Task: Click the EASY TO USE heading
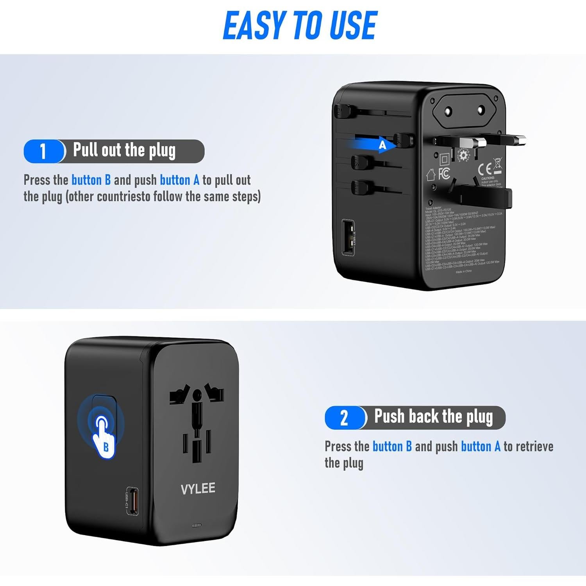click(x=300, y=25)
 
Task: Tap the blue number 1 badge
click(x=43, y=151)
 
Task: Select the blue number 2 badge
click(x=344, y=418)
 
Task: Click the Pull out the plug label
click(x=124, y=151)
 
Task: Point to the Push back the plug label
click(x=433, y=416)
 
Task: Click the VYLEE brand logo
click(x=198, y=489)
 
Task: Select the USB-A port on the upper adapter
click(x=348, y=238)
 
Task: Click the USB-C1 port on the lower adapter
click(x=133, y=501)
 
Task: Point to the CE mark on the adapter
click(x=485, y=169)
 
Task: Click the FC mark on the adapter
click(x=444, y=173)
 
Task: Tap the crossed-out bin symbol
click(x=497, y=165)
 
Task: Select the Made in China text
click(x=463, y=271)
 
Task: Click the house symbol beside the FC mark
click(x=431, y=175)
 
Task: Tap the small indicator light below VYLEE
click(x=197, y=525)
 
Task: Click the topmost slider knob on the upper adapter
click(x=342, y=112)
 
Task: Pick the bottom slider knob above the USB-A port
click(x=359, y=187)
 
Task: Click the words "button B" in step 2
click(x=392, y=446)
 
